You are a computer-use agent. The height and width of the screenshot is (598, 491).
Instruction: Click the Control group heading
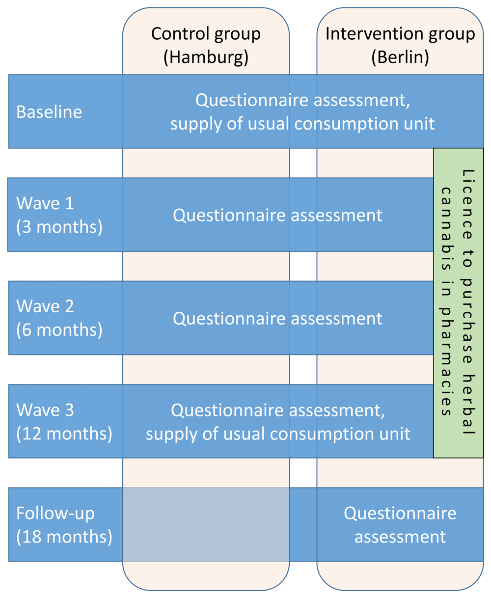pos(206,34)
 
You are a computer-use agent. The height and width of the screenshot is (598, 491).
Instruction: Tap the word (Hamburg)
pos(206,57)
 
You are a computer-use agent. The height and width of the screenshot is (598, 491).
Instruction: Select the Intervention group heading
pos(400,34)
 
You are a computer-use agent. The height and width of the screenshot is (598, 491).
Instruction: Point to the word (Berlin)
pos(400,57)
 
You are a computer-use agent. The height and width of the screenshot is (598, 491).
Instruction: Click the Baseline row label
pos(49,112)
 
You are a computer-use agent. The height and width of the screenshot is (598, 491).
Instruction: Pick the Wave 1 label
pos(45,203)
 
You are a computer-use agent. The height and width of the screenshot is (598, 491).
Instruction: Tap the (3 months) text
pos(59,227)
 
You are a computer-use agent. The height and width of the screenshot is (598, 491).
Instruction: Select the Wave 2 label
pos(45,306)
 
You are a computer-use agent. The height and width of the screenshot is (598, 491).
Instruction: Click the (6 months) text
pos(59,330)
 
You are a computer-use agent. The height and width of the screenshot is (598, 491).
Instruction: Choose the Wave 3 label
pos(45,410)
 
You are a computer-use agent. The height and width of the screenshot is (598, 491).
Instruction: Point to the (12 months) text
pos(64,434)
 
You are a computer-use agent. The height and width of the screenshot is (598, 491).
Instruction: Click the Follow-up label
pos(55,514)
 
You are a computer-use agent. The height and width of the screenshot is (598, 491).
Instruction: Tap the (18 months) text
pos(64,537)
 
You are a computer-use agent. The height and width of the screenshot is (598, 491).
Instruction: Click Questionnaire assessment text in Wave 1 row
pos(277,215)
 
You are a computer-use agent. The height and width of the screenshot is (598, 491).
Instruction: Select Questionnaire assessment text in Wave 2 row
pos(277,319)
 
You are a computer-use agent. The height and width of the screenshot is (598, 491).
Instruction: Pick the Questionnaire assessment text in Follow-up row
pos(400,525)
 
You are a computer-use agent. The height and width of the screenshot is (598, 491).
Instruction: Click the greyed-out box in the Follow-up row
pos(206,524)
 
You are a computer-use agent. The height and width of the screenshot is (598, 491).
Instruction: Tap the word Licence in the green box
pos(468,204)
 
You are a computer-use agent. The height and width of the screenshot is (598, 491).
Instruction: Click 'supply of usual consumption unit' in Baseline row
pos(302,124)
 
